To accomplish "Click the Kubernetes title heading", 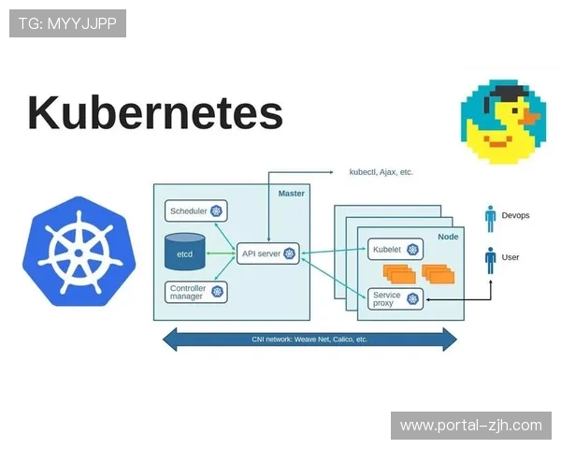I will pyautogui.click(x=154, y=113).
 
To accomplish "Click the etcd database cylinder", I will pyautogui.click(x=185, y=252).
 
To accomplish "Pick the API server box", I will pyautogui.click(x=267, y=253).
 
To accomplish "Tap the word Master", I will pyautogui.click(x=292, y=193).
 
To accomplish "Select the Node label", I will pyautogui.click(x=448, y=238).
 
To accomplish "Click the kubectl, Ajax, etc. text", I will pyautogui.click(x=381, y=172).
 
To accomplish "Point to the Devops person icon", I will pyautogui.click(x=490, y=218).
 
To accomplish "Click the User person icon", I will pyautogui.click(x=490, y=259).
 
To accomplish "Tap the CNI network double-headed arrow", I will pyautogui.click(x=309, y=339).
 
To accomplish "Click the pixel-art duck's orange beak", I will pyautogui.click(x=530, y=118).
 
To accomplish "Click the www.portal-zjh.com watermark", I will pyautogui.click(x=470, y=426).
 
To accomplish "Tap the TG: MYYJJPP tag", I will pyautogui.click(x=67, y=23).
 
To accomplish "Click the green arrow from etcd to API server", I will pyautogui.click(x=221, y=253).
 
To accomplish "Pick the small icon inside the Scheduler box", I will pyautogui.click(x=216, y=211).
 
